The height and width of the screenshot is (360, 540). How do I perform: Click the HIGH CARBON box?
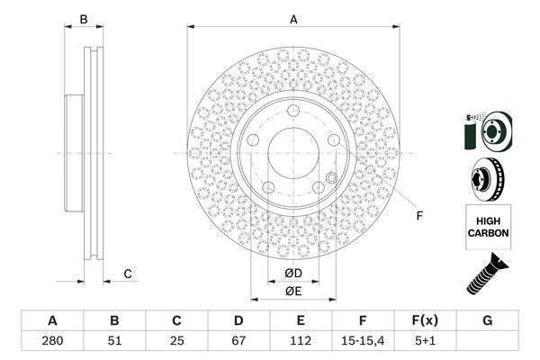pyautogui.click(x=488, y=226)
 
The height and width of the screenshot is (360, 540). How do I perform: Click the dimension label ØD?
pyautogui.click(x=293, y=273)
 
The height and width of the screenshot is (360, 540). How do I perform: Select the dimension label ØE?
pyautogui.click(x=293, y=291)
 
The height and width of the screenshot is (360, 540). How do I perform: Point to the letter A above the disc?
pyautogui.click(x=293, y=19)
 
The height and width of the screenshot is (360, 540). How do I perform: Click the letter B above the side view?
pyautogui.click(x=84, y=19)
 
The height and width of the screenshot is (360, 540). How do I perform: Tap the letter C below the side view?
pyautogui.click(x=128, y=274)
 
